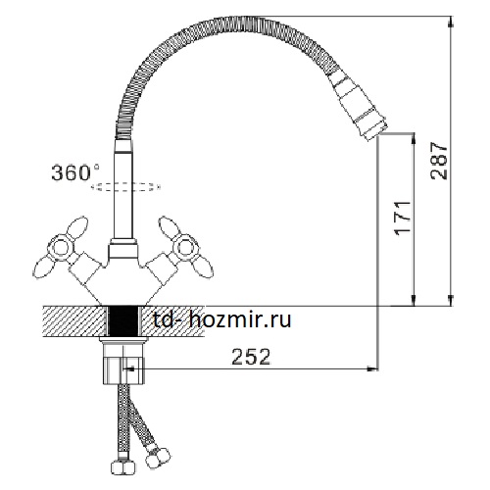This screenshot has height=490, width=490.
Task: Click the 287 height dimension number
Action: tap(439, 161)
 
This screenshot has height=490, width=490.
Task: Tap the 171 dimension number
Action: tap(403, 218)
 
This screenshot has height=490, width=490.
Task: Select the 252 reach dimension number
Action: tap(251, 357)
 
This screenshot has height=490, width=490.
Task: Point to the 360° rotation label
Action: tap(75, 172)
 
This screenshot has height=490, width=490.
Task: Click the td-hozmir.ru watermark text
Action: tap(222, 319)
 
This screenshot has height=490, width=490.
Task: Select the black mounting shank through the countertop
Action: tap(122, 321)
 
